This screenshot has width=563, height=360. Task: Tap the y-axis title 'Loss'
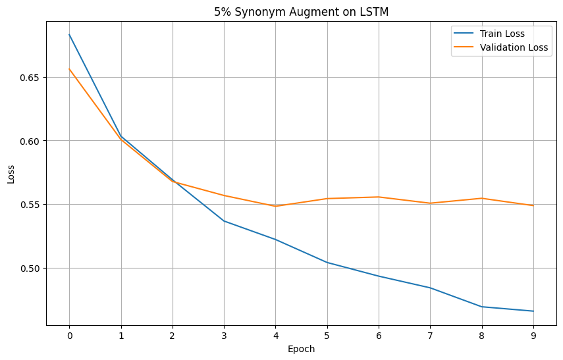11,173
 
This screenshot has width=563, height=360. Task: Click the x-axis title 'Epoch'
301,349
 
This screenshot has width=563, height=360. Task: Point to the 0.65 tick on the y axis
31,77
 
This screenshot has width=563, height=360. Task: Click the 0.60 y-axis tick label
31,141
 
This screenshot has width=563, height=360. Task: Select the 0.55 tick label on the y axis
31,205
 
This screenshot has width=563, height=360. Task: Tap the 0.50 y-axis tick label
31,269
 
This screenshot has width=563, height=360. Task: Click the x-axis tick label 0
69,334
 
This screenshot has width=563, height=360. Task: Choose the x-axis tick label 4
275,334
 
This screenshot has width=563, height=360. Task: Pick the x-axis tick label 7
430,334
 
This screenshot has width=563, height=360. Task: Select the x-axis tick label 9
533,334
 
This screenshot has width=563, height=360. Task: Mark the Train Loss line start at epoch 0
69,34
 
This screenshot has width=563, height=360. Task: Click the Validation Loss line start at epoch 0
69,69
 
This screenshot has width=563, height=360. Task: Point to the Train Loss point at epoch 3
224,220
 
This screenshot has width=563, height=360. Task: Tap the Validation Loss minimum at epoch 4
275,206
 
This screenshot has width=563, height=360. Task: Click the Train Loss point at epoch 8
482,307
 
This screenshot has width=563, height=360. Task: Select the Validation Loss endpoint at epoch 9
533,205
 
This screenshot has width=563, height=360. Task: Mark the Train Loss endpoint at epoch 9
533,311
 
